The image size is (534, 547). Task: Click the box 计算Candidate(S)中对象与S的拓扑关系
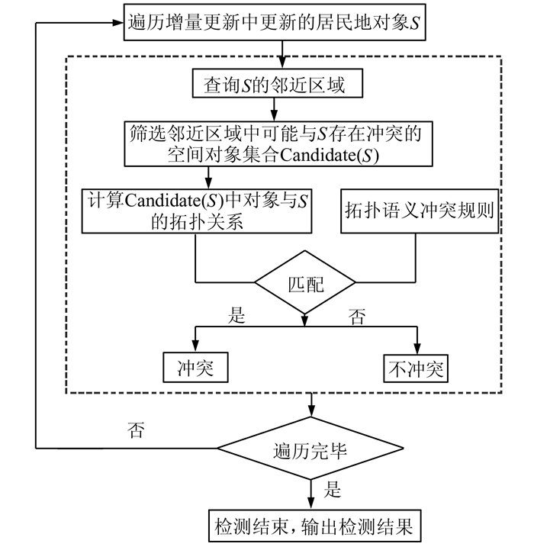198,211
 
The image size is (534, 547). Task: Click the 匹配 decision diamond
305,285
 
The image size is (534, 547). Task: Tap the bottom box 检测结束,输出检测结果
310,525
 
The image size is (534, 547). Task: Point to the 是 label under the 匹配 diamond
238,315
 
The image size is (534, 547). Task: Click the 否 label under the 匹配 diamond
357,315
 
